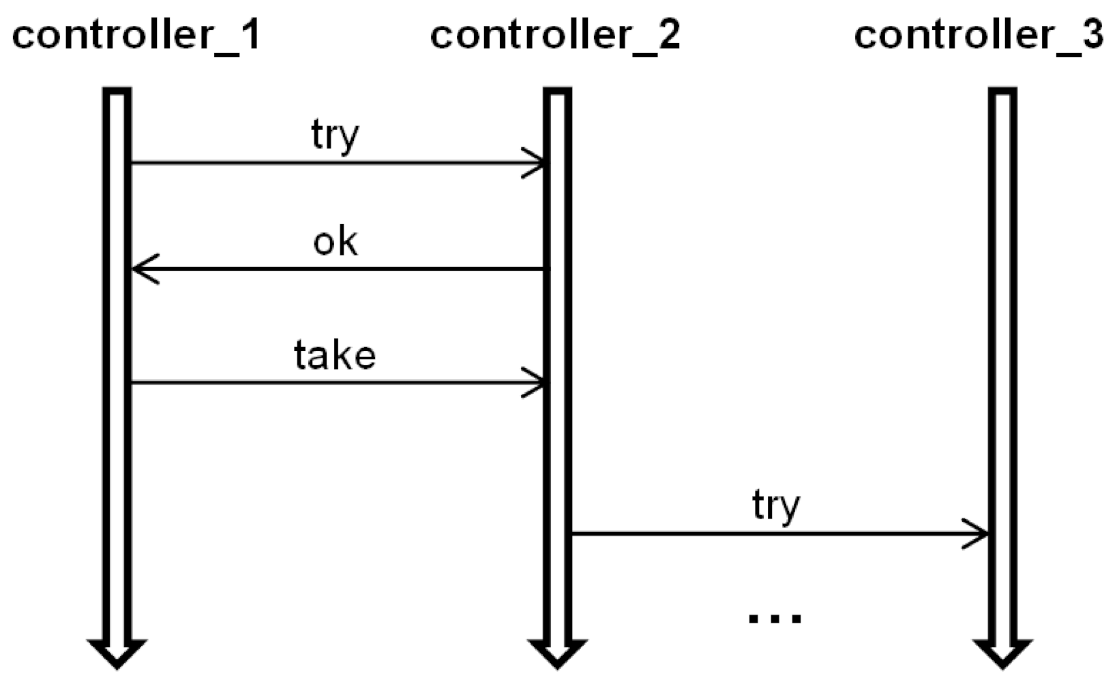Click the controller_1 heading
coord(136,34)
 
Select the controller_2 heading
coord(554,34)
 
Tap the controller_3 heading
coord(978,34)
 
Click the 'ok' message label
coord(335,242)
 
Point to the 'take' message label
coord(335,355)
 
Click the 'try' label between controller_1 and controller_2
coord(335,135)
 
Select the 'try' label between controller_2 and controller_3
coord(776,506)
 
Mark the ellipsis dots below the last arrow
coord(775,618)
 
